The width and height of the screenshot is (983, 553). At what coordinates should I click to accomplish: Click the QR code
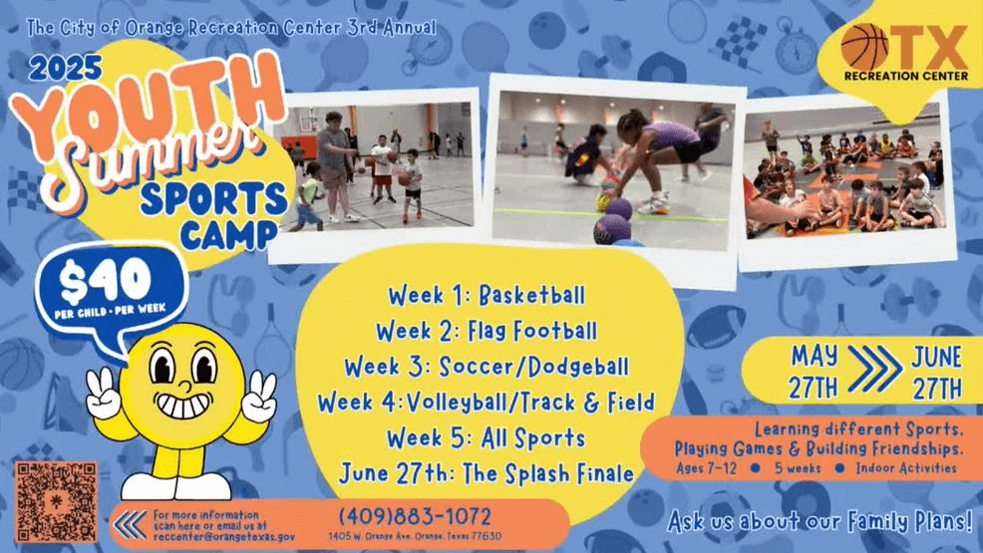pyautogui.click(x=56, y=502)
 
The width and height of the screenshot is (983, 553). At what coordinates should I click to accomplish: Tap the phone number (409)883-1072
pyautogui.click(x=415, y=517)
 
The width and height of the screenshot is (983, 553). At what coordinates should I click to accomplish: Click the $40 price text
pyautogui.click(x=106, y=280)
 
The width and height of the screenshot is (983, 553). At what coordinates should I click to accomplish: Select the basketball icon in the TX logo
pyautogui.click(x=864, y=47)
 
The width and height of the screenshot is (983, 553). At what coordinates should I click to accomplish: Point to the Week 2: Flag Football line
pyautogui.click(x=487, y=331)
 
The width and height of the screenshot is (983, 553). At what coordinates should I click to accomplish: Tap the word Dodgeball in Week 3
pyautogui.click(x=578, y=367)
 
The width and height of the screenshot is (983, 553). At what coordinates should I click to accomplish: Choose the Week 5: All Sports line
pyautogui.click(x=486, y=438)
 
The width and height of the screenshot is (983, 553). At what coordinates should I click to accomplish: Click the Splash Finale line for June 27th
pyautogui.click(x=487, y=473)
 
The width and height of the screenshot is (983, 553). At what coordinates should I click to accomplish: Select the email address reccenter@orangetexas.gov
pyautogui.click(x=223, y=537)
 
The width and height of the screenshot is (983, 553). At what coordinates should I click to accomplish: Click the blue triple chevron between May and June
pyautogui.click(x=875, y=369)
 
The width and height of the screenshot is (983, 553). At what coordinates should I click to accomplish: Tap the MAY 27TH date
pyautogui.click(x=814, y=372)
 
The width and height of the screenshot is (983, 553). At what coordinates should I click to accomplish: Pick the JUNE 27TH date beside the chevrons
pyautogui.click(x=936, y=373)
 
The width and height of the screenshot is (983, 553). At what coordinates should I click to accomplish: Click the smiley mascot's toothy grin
pyautogui.click(x=183, y=406)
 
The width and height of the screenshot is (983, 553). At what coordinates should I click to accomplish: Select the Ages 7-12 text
pyautogui.click(x=706, y=468)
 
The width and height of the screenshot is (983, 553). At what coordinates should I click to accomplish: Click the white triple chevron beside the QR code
pyautogui.click(x=131, y=525)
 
